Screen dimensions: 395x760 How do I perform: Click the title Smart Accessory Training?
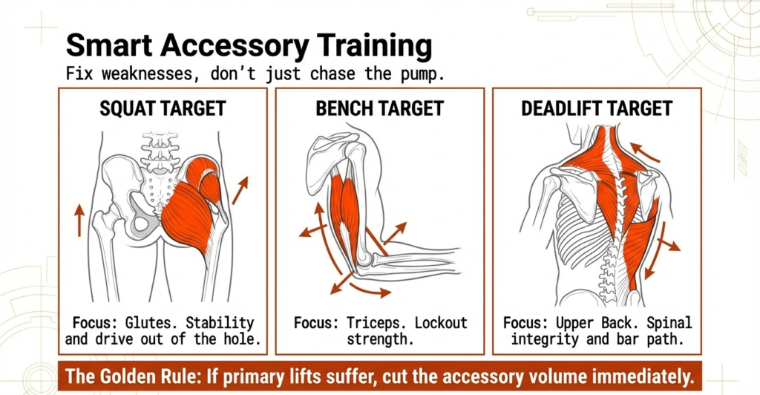(x=249, y=46)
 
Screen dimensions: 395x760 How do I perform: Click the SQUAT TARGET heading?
(x=163, y=109)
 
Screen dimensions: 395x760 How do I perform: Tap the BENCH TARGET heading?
(x=379, y=109)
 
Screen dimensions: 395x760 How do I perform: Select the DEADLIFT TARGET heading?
(x=596, y=109)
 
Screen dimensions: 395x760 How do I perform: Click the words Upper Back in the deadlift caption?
(x=597, y=324)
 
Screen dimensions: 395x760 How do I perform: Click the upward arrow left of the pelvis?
(x=79, y=221)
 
